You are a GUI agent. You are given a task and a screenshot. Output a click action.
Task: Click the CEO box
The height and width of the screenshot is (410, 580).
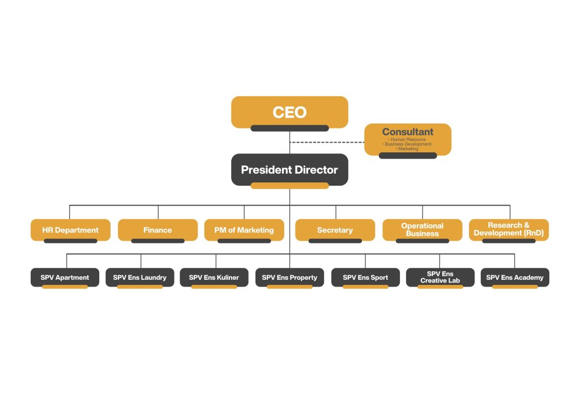click(x=289, y=112)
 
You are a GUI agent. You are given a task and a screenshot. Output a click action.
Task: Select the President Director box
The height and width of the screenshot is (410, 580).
click(x=289, y=169)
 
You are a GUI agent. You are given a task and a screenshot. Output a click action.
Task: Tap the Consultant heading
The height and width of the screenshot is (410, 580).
click(x=407, y=132)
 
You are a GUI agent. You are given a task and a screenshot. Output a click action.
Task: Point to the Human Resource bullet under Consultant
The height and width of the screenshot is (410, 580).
click(x=407, y=139)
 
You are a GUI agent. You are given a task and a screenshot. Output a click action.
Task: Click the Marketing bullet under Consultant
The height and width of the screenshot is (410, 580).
click(x=407, y=149)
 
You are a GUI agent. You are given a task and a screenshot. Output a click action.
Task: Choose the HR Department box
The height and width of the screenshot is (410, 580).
click(x=70, y=230)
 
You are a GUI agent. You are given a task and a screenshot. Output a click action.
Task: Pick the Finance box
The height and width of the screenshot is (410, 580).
click(x=157, y=230)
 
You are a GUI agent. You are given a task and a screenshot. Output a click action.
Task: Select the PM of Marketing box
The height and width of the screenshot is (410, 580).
click(x=244, y=230)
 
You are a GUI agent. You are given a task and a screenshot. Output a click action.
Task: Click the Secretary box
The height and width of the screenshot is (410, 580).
click(x=335, y=230)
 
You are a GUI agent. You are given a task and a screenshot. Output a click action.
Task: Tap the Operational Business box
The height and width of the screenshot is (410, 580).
click(x=422, y=229)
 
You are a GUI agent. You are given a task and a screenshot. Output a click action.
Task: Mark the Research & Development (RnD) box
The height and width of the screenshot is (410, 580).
click(x=509, y=229)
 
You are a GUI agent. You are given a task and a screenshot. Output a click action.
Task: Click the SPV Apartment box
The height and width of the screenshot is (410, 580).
click(x=65, y=277)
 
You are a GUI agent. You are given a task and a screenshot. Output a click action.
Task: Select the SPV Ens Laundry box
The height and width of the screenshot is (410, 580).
click(x=139, y=277)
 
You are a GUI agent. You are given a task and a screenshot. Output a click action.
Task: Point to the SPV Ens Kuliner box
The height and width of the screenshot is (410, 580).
click(x=214, y=277)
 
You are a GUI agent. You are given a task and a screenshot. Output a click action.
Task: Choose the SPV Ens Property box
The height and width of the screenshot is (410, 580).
click(x=289, y=277)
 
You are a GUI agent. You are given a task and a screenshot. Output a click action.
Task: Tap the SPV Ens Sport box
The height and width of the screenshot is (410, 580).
click(x=365, y=277)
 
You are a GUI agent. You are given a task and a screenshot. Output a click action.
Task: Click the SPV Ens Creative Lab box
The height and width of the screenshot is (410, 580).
click(x=440, y=277)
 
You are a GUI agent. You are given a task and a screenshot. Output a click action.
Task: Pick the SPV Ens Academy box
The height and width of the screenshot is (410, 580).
click(x=515, y=277)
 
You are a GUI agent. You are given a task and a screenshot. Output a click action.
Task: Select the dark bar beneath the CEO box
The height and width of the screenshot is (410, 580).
click(x=289, y=128)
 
